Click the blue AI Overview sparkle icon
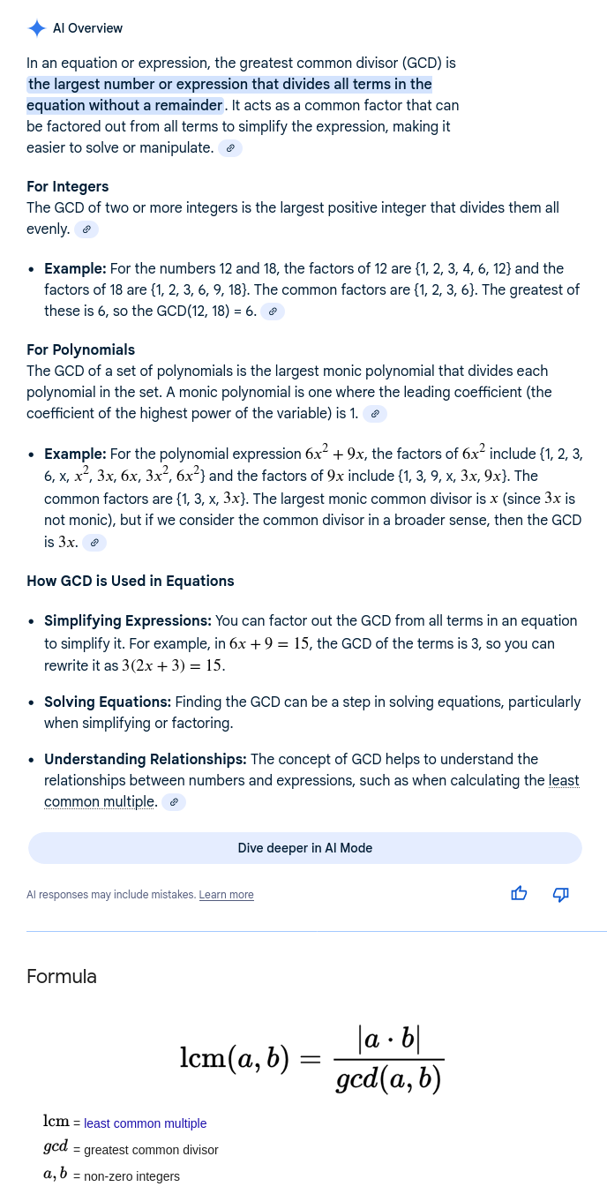pos(37,28)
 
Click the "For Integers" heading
pos(68,186)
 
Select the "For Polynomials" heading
pos(80,349)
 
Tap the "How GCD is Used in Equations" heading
pos(131,581)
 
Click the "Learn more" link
pos(226,895)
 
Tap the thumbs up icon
pos(519,894)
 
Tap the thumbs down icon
pos(560,894)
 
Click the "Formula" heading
pos(62,976)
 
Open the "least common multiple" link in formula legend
pos(145,1123)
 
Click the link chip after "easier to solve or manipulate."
pos(230,148)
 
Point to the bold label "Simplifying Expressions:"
pos(128,620)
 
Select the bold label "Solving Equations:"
pos(108,702)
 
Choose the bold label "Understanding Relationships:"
pos(146,759)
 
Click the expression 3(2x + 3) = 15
pos(173,665)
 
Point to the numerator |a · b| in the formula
pos(389,1039)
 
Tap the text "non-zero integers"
pos(131,1176)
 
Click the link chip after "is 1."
pos(375,414)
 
